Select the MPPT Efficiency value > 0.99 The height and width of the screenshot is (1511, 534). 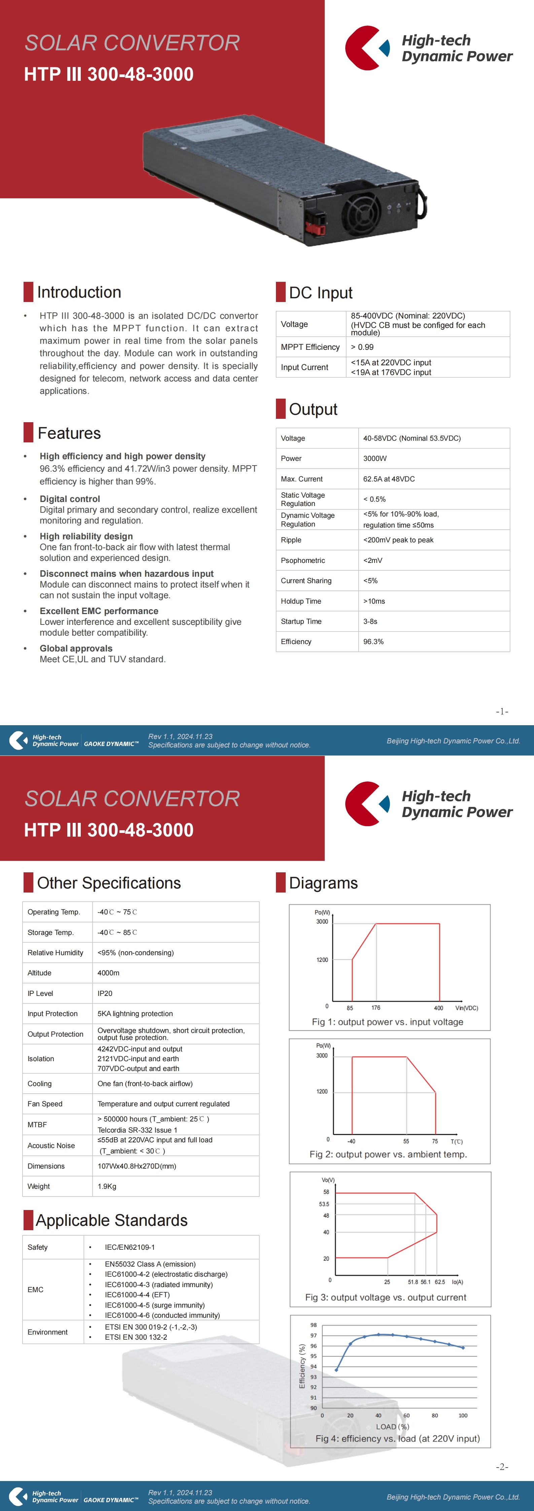click(362, 347)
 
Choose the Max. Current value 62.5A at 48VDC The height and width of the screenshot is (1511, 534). click(389, 479)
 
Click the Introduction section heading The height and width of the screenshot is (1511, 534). click(79, 292)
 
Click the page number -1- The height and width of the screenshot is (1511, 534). click(502, 711)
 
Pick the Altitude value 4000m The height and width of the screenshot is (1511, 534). click(108, 973)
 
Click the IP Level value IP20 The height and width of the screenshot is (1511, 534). click(105, 993)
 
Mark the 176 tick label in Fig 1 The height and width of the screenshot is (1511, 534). click(376, 1008)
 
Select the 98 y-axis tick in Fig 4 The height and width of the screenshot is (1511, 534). click(314, 1325)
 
